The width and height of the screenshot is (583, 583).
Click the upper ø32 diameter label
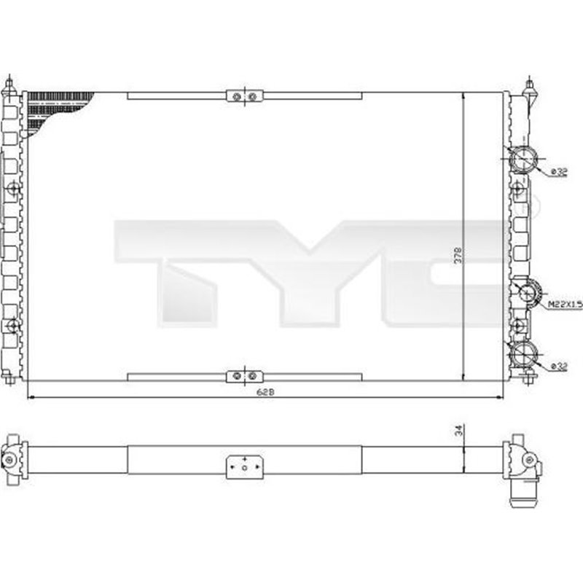coord(558,171)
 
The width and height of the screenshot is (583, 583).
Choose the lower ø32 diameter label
coord(558,365)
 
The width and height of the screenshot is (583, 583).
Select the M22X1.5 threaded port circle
coord(525,294)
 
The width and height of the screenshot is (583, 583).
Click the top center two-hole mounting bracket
coord(244,96)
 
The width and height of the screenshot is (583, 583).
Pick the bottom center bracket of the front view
coord(244,376)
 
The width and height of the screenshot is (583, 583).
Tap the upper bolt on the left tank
coord(13,189)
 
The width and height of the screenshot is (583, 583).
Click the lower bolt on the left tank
coord(13,326)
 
